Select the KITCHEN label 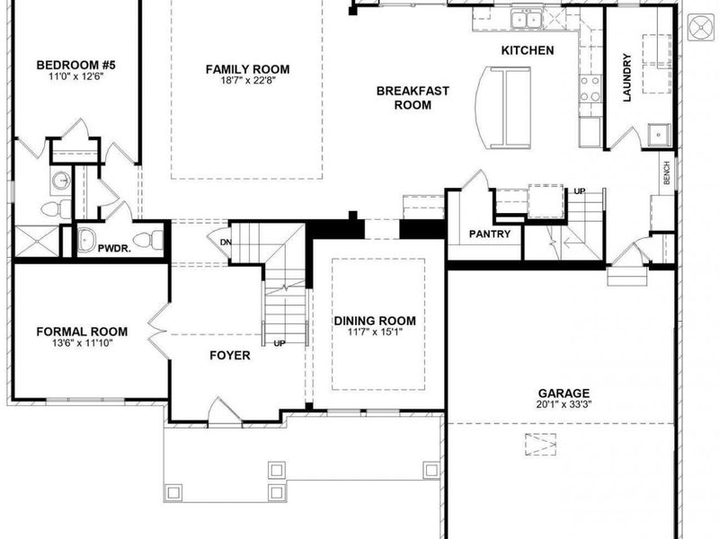528,50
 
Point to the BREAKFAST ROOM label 413,98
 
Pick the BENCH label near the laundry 667,173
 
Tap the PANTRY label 490,234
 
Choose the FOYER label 230,356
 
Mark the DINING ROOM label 375,322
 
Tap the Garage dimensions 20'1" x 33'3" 564,406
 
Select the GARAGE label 564,393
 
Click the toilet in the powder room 155,241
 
